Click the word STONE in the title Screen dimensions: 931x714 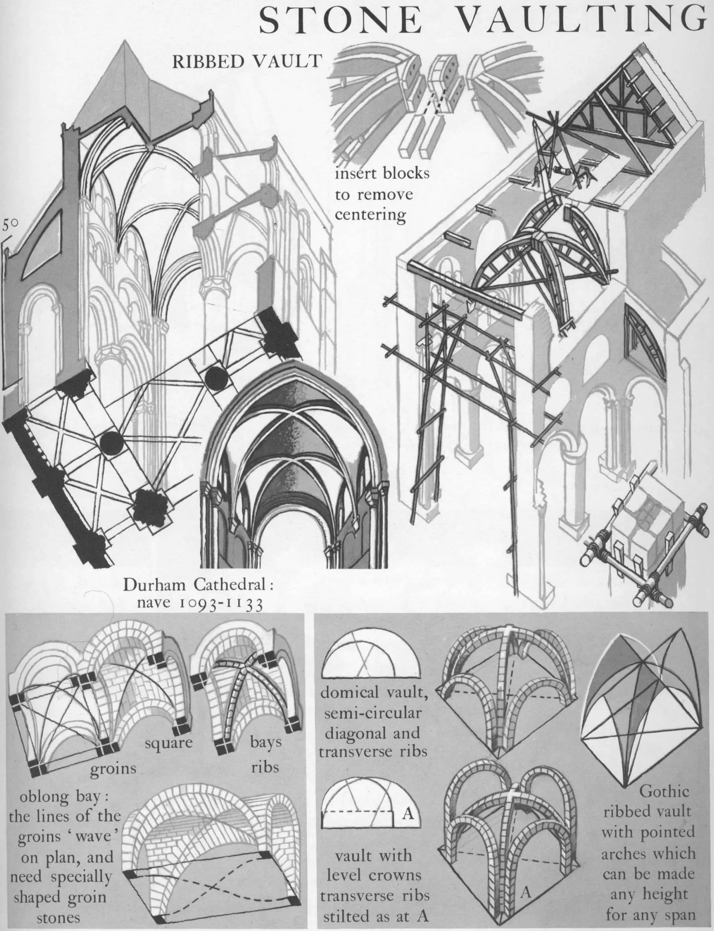coord(340,21)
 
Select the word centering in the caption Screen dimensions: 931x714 coord(370,215)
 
